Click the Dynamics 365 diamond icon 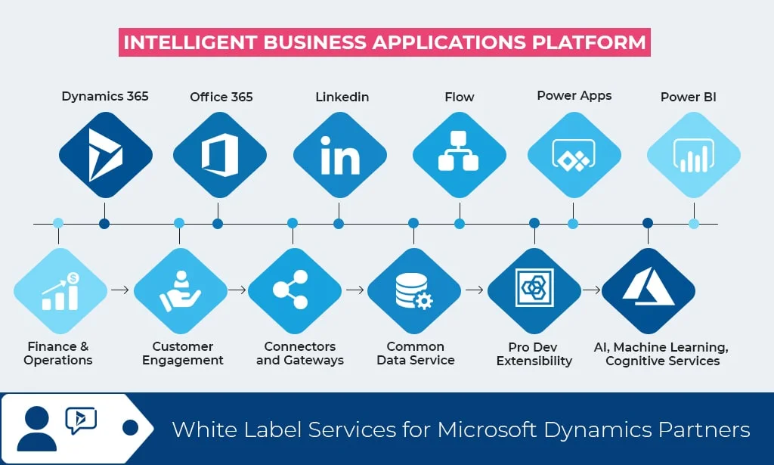(105, 155)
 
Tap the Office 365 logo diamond (219, 155)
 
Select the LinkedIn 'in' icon (340, 155)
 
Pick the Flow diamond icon (459, 155)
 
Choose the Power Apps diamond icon (574, 155)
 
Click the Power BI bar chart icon (693, 155)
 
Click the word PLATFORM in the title (588, 42)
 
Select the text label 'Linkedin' (342, 97)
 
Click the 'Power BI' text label (688, 97)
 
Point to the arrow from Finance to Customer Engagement (119, 290)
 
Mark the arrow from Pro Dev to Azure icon (592, 290)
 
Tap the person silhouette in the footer (36, 429)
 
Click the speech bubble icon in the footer (81, 419)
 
